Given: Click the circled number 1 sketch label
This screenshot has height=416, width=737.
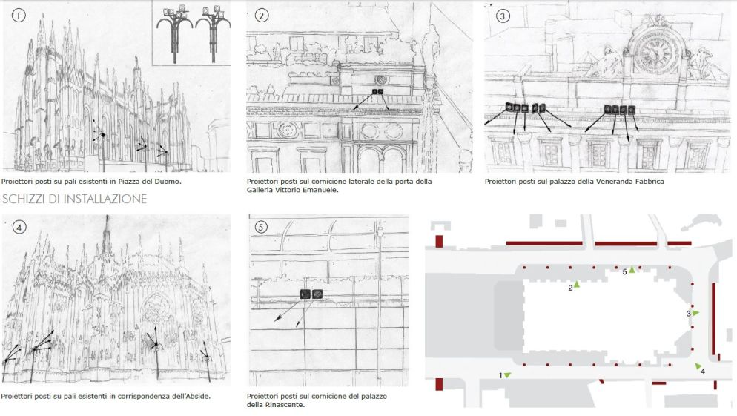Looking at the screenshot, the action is (x=19, y=16).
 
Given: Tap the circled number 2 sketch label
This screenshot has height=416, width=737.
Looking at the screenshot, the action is (x=261, y=16).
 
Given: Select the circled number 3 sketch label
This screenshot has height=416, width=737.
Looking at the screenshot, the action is (x=503, y=16).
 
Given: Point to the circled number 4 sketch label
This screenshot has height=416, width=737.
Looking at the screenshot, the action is (x=19, y=228).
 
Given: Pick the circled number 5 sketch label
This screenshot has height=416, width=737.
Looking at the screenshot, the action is (x=261, y=228).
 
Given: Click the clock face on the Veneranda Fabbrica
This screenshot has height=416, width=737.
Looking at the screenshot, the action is (x=654, y=53).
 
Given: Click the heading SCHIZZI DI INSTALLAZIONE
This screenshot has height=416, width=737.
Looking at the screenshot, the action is (x=74, y=199).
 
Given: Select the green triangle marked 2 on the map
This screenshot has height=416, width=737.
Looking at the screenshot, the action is (x=577, y=285).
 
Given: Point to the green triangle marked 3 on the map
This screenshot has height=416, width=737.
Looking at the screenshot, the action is (x=695, y=313).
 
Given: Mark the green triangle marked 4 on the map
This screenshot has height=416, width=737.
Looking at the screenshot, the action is (x=698, y=366).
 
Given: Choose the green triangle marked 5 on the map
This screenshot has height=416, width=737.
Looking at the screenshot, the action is (x=632, y=269).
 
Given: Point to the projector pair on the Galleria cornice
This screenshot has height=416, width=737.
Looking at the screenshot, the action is (x=378, y=92).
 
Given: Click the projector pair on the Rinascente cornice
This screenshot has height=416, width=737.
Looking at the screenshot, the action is (x=311, y=294).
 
